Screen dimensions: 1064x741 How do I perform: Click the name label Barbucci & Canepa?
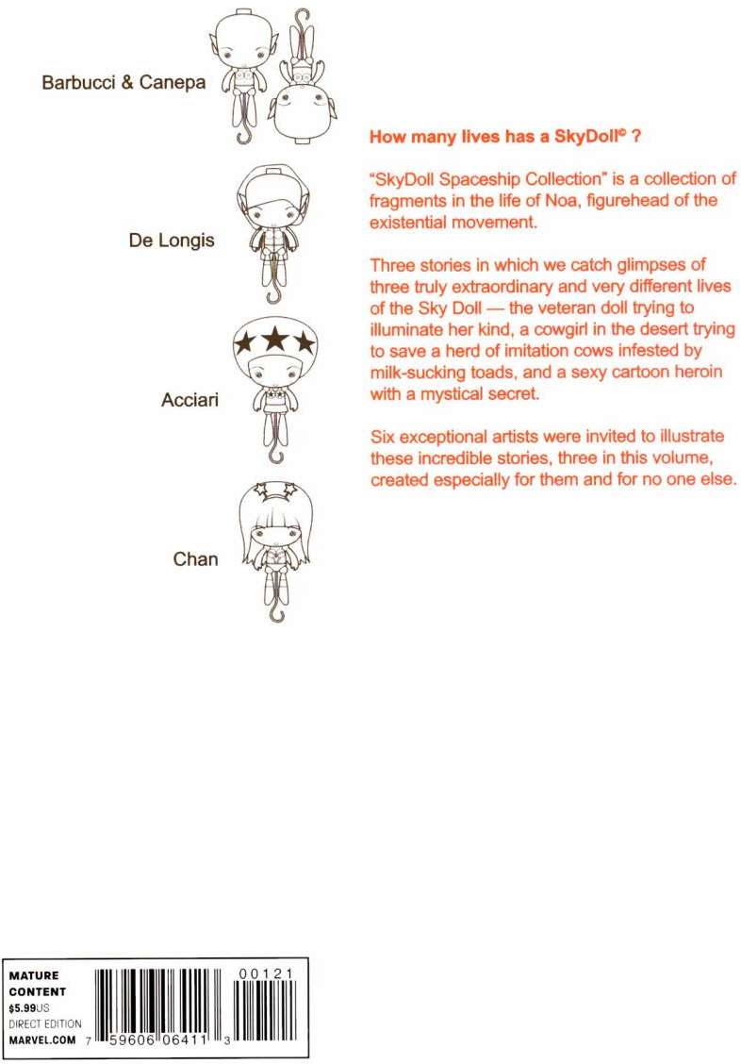(x=128, y=82)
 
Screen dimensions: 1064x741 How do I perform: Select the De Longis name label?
(x=172, y=240)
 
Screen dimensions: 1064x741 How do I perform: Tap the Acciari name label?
(x=189, y=400)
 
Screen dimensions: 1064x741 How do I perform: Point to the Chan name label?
(x=195, y=558)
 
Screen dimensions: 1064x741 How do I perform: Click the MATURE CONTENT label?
(x=37, y=984)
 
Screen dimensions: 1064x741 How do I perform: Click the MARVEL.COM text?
(x=39, y=1038)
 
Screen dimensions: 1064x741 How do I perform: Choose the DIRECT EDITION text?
(x=45, y=1022)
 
